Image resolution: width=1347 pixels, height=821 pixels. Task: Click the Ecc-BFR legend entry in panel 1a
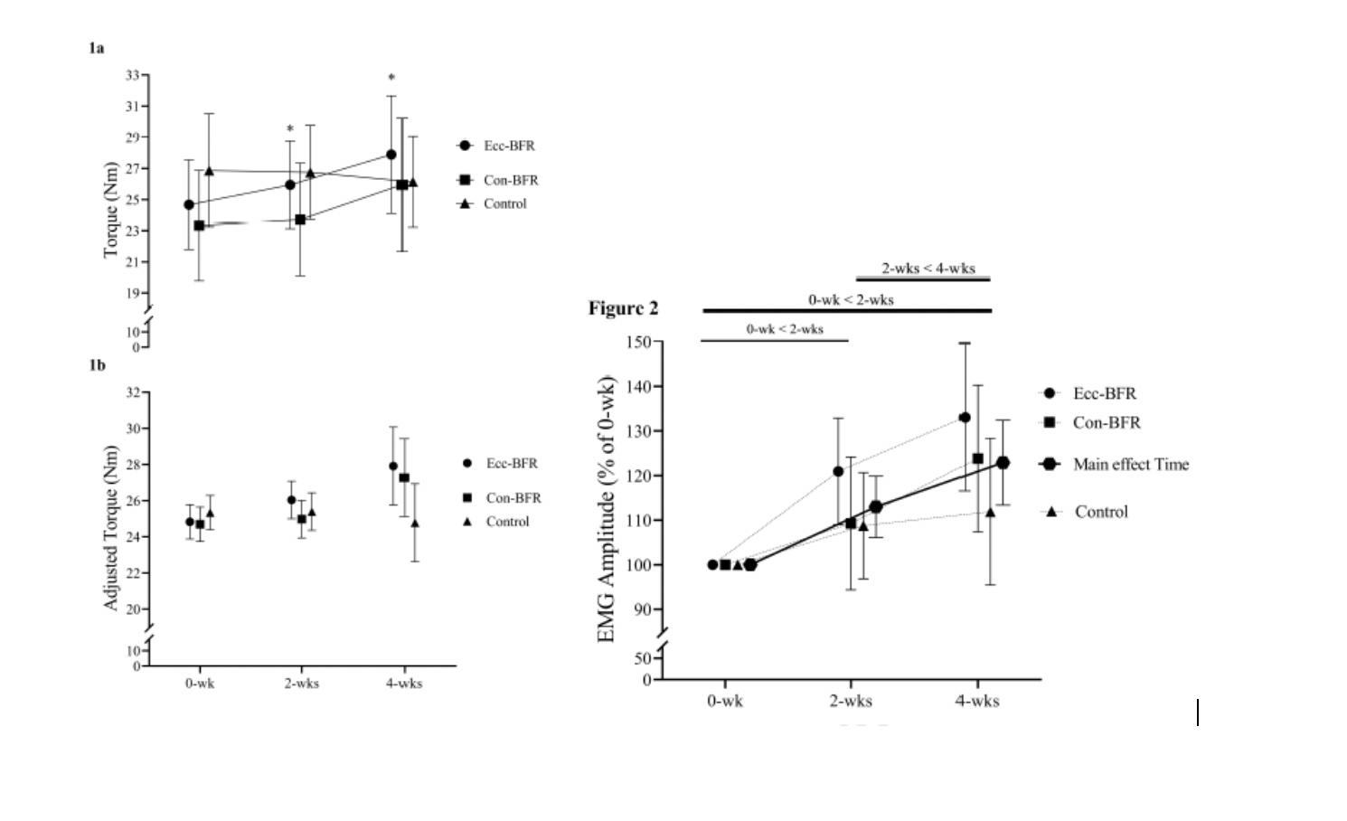tap(508, 146)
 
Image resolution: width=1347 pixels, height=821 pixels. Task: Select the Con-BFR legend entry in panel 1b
tap(513, 498)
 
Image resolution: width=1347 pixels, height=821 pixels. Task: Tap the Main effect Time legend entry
tap(1130, 464)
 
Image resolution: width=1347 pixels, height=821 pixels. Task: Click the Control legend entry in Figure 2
tap(1100, 512)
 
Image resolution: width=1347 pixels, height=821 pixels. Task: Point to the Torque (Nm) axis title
tap(111, 210)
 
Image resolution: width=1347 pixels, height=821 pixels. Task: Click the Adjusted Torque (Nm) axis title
tap(111, 528)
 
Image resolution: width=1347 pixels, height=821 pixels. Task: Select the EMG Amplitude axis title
tap(607, 509)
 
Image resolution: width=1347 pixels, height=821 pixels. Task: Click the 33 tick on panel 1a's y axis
tap(133, 75)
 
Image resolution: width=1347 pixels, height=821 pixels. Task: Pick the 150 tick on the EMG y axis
tap(637, 342)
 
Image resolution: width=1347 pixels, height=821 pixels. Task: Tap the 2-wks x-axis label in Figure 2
tap(851, 701)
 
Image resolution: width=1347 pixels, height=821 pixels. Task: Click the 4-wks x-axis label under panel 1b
tap(404, 684)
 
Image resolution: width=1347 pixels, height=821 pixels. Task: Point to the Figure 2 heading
tap(623, 308)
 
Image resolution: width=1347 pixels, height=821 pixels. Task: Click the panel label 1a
tap(96, 48)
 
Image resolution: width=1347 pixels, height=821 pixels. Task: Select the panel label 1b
tap(97, 365)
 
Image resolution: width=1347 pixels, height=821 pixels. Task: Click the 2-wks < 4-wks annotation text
tap(928, 269)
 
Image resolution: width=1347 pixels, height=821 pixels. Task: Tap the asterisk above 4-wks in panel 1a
tap(391, 79)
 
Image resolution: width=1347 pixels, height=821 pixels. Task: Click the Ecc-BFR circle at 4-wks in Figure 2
tap(965, 418)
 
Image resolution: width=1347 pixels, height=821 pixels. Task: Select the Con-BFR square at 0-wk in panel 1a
tap(199, 225)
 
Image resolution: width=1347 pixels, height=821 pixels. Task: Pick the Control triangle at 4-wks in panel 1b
tap(415, 523)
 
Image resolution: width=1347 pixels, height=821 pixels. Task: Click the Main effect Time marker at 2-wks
tap(875, 506)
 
